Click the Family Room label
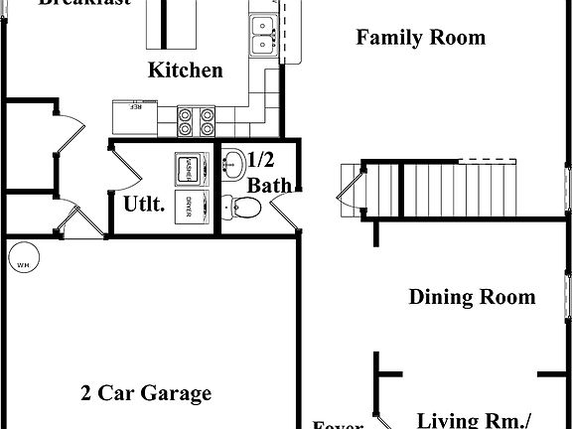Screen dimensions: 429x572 tap(420, 39)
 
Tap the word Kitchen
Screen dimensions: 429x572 tap(185, 71)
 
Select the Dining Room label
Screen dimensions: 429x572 tap(472, 297)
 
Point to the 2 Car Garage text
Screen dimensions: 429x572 tap(146, 393)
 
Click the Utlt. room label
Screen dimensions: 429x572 tap(144, 205)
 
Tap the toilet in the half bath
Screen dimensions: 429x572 tap(240, 207)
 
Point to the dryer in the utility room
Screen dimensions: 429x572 tap(189, 206)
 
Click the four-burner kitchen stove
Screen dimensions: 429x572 tap(196, 120)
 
